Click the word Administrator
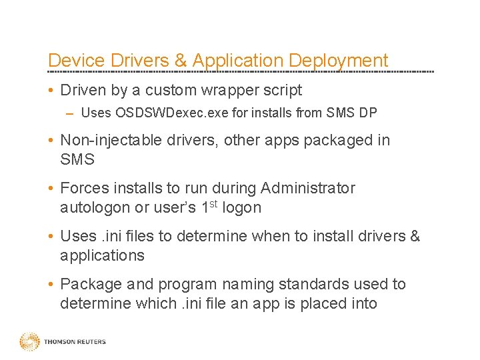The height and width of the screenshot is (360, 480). click(308, 188)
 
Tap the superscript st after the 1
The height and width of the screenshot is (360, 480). click(212, 203)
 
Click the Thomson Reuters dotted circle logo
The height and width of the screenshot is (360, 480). click(29, 342)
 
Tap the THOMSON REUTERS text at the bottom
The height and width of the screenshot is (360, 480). click(75, 342)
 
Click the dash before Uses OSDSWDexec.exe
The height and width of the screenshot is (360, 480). click(70, 114)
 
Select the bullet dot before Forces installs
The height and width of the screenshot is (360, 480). click(51, 189)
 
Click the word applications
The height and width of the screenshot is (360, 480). click(102, 255)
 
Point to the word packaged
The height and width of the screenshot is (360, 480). click(341, 140)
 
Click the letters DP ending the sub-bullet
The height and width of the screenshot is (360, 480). click(367, 113)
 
